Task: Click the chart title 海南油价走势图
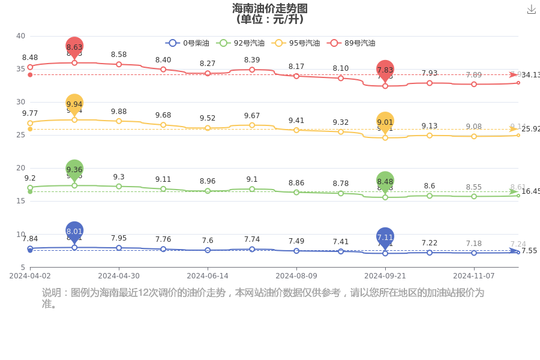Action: pos(269,8)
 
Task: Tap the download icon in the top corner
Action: pos(531,10)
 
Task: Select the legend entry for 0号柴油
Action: pos(187,43)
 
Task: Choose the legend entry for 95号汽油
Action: pos(295,43)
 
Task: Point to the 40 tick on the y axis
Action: pos(20,36)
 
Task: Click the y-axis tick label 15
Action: pos(20,201)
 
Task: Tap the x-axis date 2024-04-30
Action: pos(119,276)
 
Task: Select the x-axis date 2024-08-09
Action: pos(296,276)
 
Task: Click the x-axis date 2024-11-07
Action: pos(474,276)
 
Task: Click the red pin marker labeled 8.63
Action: pos(74,47)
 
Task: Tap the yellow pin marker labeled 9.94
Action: pos(74,104)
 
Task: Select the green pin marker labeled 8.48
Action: pos(385,181)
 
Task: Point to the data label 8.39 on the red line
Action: pos(252,60)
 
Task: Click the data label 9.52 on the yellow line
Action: pos(208,118)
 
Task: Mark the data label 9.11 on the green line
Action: pos(163,179)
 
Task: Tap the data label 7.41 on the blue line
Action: pos(341,242)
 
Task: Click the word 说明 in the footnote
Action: pos(51,293)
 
